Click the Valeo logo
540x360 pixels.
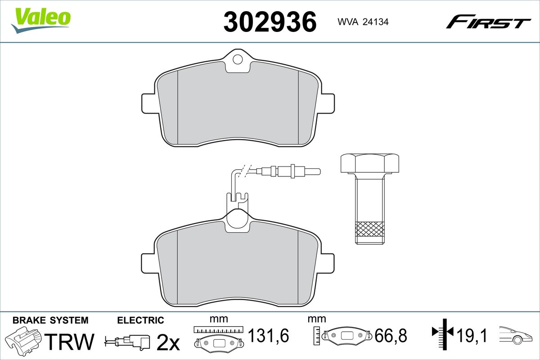tap(41, 20)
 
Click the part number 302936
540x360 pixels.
tap(270, 22)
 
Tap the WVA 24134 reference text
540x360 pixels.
tap(363, 22)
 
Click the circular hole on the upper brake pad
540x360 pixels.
tap(238, 59)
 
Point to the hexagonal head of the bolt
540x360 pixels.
tap(370, 163)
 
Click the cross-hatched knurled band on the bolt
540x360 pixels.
tap(370, 229)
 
